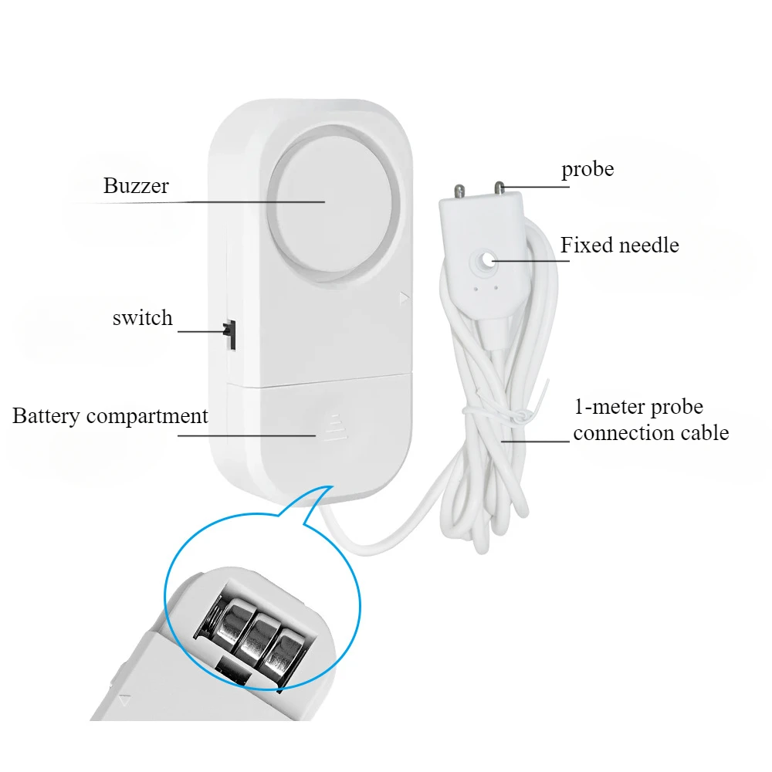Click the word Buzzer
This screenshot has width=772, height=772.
click(x=136, y=185)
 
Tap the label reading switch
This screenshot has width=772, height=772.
click(x=142, y=317)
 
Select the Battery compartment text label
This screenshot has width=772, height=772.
click(x=110, y=416)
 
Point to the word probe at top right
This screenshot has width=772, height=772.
click(x=587, y=170)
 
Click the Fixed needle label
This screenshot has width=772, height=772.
click(x=619, y=245)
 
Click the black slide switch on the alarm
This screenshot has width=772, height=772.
click(x=230, y=334)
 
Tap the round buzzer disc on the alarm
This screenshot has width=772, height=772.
click(x=332, y=203)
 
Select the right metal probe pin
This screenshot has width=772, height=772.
click(x=499, y=188)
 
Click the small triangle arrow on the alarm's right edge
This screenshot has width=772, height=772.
click(x=405, y=297)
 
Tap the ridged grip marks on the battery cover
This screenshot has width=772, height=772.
click(x=336, y=426)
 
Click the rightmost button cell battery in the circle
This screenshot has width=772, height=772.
click(x=283, y=653)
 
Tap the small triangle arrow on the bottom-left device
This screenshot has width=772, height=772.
click(x=124, y=699)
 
